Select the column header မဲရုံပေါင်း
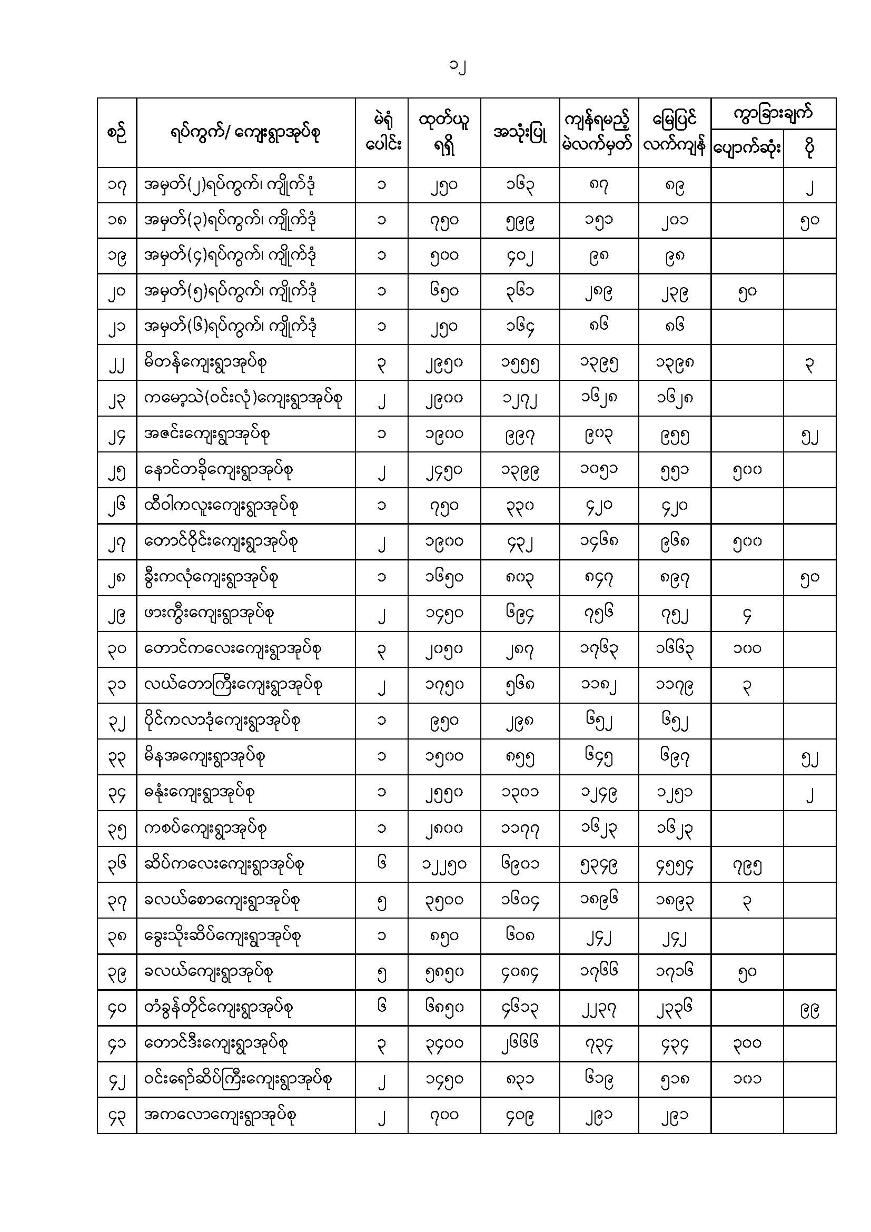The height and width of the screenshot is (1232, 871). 381,133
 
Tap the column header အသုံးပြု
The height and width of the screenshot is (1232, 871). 520,133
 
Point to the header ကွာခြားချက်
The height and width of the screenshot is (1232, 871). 773,113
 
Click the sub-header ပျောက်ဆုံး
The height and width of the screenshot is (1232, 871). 747,149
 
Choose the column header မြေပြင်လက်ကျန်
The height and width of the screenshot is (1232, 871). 674,133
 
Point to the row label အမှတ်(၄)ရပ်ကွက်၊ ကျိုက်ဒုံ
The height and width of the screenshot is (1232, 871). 230,256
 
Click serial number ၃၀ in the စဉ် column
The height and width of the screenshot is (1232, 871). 116,649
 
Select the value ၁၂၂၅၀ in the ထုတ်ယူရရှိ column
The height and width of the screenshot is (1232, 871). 444,864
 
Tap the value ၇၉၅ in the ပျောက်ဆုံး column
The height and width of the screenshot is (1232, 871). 747,865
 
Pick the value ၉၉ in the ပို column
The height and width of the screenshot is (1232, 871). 809,1008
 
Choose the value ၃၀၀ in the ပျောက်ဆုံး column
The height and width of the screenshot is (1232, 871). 747,1043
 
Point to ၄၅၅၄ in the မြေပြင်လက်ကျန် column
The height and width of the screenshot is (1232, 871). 674,865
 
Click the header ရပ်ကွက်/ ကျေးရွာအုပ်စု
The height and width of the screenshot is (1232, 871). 245,133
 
